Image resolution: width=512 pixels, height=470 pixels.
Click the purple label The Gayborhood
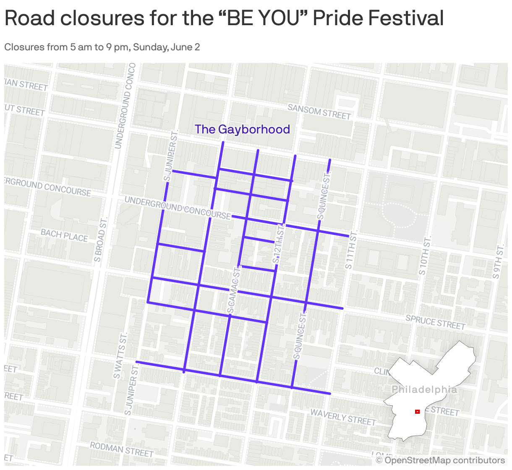tap(242, 129)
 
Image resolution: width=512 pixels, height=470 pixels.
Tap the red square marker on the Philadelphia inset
tap(417, 412)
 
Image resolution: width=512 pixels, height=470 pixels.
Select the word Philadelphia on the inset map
tap(424, 389)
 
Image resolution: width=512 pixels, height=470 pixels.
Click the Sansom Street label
tap(319, 112)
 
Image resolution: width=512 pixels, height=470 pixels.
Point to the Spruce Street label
tap(436, 322)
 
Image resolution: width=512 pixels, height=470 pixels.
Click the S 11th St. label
tap(351, 249)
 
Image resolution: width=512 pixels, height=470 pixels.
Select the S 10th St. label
tap(425, 256)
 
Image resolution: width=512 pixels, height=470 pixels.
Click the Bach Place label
tap(64, 235)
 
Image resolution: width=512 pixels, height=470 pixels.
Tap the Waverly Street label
tap(343, 417)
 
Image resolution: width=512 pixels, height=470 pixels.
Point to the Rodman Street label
tap(122, 449)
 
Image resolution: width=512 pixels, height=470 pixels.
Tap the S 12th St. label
tap(279, 244)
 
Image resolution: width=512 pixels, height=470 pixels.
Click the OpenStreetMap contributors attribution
tap(440, 460)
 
